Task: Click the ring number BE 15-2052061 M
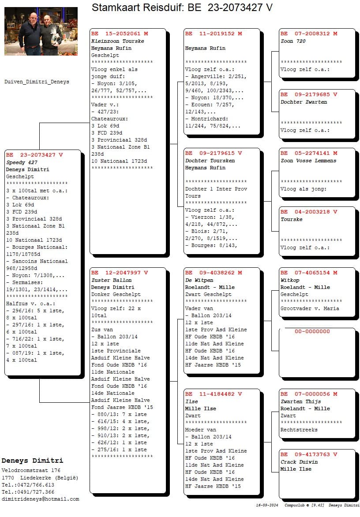coord(120,34)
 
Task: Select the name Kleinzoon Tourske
coord(118,41)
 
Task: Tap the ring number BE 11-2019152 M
coord(214,34)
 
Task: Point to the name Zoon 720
coord(293,41)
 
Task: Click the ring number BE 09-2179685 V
coord(309,95)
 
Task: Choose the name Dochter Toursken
coord(210,161)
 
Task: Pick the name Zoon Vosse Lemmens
coord(308,161)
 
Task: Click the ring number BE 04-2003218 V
coord(309,212)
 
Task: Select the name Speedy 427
coord(22,162)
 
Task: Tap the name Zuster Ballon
coord(112,281)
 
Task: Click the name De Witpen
coord(199,281)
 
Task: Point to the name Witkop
coord(290,281)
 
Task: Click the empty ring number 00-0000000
coord(312,332)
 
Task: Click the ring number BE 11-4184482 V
coord(214,394)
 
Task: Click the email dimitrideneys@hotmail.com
coord(40,499)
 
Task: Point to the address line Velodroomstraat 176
coord(31,471)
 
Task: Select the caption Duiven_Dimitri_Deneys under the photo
coord(37,82)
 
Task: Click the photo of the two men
coord(41,31)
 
